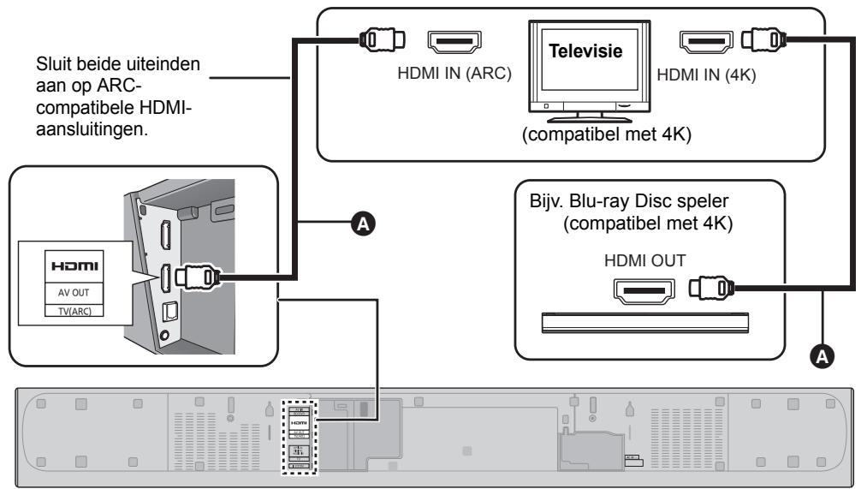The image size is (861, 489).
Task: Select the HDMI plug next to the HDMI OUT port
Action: [714, 289]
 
